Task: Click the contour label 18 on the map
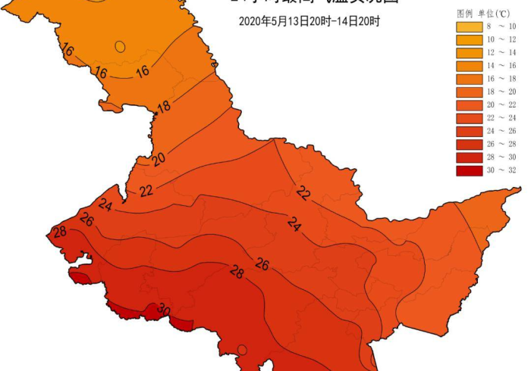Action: tap(164, 107)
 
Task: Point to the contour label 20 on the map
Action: tap(158, 159)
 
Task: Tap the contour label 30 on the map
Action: tap(163, 309)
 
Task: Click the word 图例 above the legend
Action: tap(465, 14)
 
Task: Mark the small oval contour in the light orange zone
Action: tap(120, 46)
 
